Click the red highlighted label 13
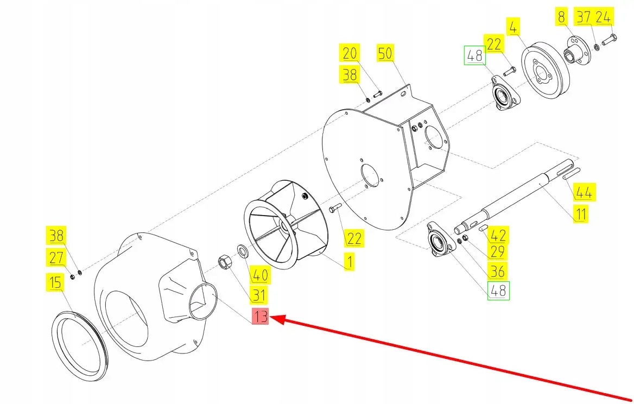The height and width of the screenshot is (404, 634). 261,317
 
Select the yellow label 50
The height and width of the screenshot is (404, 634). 385,54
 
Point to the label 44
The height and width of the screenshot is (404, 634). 585,192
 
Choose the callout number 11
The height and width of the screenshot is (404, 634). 581,214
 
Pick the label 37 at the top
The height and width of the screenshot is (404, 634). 584,17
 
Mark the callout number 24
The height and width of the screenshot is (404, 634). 603,17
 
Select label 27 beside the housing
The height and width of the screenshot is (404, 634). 56,257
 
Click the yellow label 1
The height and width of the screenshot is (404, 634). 350,262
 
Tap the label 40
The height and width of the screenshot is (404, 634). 259,275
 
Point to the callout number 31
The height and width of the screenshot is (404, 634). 259,295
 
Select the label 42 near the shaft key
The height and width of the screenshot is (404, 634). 498,236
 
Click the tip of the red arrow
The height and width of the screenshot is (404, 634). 271,320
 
